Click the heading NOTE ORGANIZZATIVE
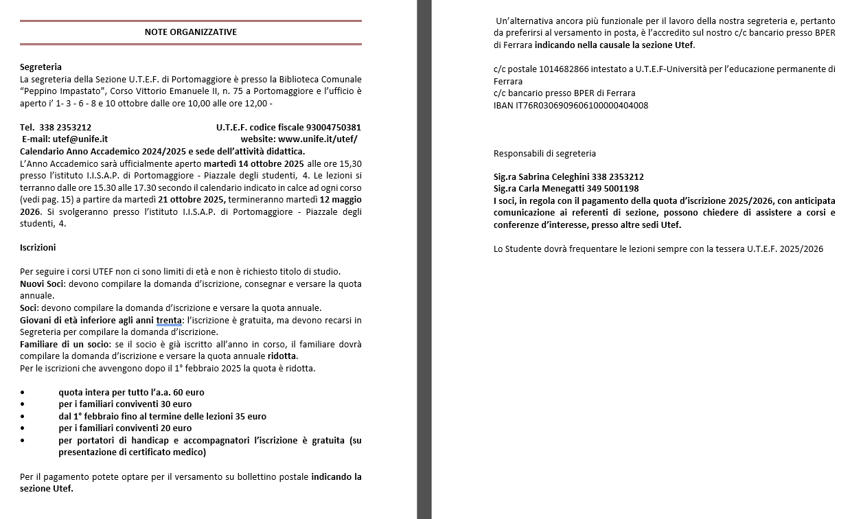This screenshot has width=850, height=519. pos(191,32)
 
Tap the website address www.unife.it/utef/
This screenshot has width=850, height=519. pos(317,139)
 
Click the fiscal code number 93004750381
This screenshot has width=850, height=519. pos(334,128)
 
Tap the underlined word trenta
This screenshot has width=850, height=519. pos(169,321)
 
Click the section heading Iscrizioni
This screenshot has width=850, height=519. pos(38,247)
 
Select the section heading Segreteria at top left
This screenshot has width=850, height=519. pos(41,67)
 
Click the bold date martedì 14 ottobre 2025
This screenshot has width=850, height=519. pos(254,164)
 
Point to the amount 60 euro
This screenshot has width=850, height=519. pos(189,393)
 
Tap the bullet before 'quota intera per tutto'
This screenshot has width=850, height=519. pos(23,393)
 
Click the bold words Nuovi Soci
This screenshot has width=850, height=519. pos(41,284)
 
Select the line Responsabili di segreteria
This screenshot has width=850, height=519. pos(544,154)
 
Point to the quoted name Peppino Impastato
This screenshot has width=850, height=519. pos(62,91)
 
